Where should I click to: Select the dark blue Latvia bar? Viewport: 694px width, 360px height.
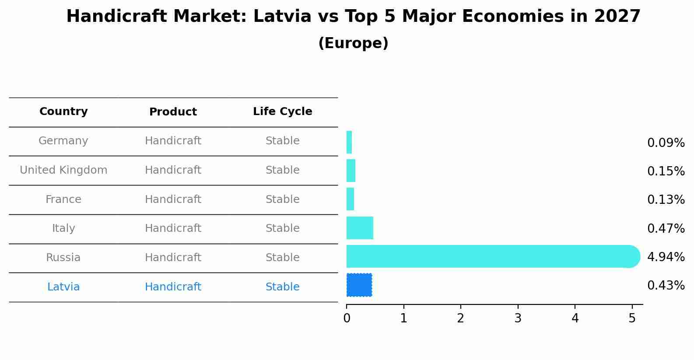(359, 285)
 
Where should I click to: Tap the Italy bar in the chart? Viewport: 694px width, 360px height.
(360, 228)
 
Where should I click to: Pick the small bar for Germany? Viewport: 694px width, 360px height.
(349, 143)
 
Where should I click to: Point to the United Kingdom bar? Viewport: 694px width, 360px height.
(351, 171)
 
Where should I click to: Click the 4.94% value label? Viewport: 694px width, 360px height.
(666, 257)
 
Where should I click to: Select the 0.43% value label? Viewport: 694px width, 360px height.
(666, 286)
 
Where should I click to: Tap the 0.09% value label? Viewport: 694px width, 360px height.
(666, 143)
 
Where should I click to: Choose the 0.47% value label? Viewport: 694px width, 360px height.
(666, 229)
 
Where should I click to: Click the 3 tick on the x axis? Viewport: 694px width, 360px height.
(518, 318)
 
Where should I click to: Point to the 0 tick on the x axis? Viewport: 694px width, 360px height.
(347, 318)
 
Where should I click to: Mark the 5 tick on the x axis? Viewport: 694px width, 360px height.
(632, 318)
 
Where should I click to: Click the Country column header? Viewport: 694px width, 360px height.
(63, 112)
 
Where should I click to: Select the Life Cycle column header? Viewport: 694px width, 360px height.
(282, 112)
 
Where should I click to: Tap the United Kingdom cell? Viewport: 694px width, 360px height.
(63, 170)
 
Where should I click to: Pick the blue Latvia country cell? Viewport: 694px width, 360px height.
(63, 287)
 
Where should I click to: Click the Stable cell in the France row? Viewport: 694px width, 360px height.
(282, 199)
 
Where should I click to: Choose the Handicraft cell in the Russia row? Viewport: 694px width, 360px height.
(173, 258)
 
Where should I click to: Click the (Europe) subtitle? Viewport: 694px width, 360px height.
(353, 43)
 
